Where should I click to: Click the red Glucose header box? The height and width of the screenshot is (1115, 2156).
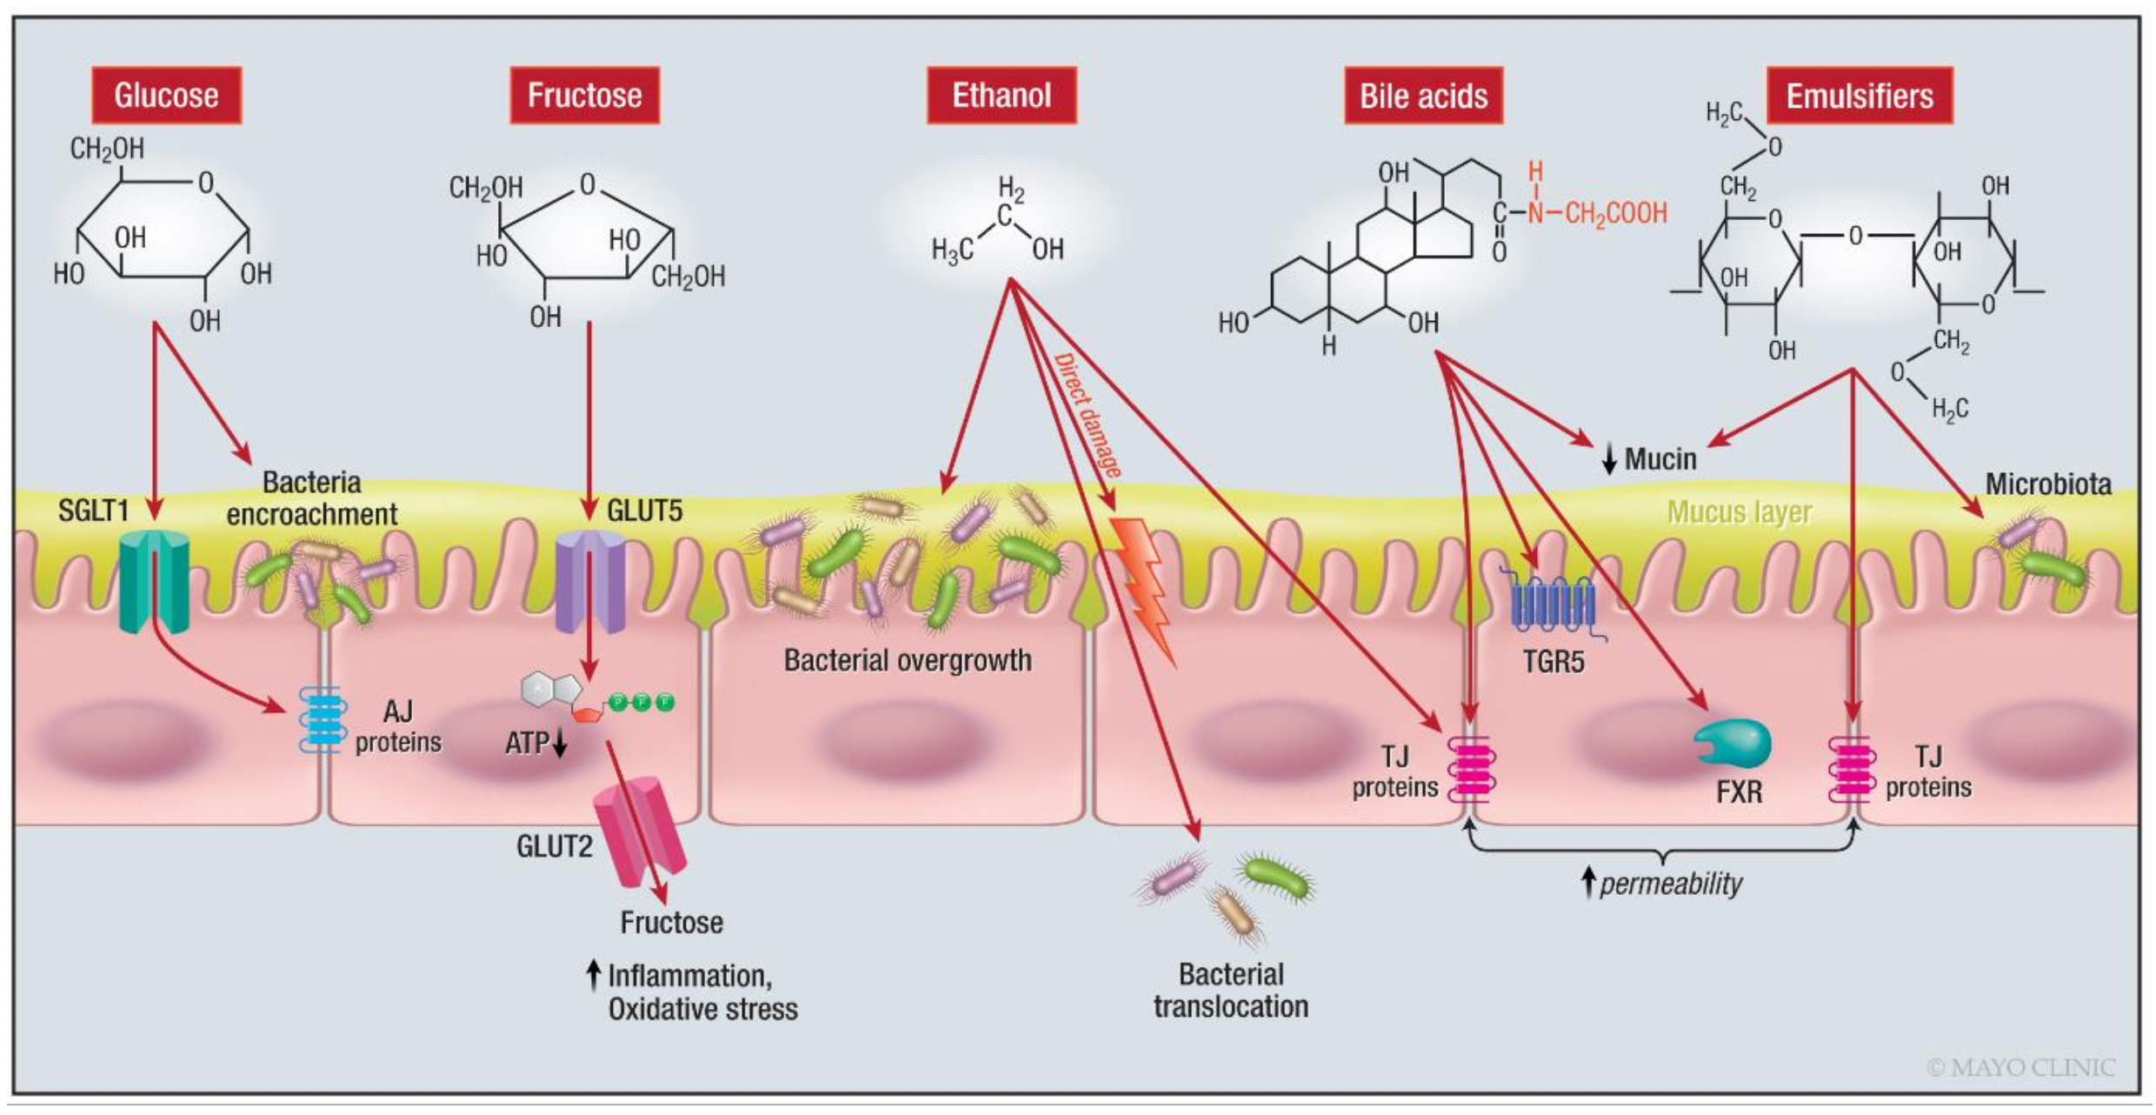click(166, 95)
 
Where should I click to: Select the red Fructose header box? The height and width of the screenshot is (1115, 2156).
click(584, 95)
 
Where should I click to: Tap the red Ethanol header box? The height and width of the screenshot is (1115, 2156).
click(1001, 95)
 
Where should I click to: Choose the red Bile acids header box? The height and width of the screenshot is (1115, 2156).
click(1423, 96)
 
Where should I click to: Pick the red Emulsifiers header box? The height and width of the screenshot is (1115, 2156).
click(1860, 96)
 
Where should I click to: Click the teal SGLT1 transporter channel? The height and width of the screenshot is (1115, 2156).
click(153, 581)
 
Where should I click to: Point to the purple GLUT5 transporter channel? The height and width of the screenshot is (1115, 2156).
click(590, 581)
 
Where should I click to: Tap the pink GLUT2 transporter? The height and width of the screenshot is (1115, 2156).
click(639, 831)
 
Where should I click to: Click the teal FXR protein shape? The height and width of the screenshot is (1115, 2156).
click(1732, 743)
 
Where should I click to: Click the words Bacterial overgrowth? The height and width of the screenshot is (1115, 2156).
click(907, 660)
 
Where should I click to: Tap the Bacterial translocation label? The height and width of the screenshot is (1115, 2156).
click(1230, 990)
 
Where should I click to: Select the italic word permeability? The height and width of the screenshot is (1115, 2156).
click(1670, 885)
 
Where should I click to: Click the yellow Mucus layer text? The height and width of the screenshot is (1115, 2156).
click(1739, 513)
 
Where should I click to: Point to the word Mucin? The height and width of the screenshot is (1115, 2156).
click(1660, 458)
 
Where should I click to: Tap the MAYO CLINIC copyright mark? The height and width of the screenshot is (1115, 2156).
click(2020, 1067)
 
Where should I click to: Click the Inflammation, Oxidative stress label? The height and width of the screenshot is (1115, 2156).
click(701, 992)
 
